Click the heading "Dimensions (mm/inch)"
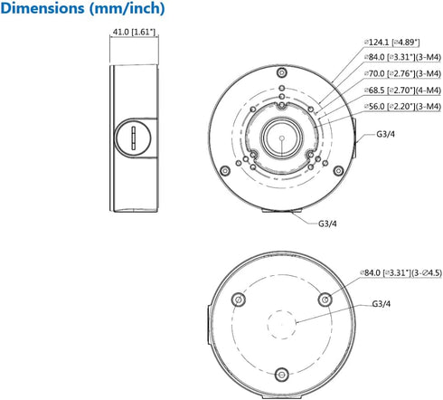pos(82,8)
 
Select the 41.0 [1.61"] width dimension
pos(134,32)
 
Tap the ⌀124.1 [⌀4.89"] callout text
pos(391,43)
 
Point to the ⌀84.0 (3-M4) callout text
pos(402,57)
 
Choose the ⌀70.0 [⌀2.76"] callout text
pos(402,73)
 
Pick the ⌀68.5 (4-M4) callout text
pos(402,90)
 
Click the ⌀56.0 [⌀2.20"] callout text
pos(402,107)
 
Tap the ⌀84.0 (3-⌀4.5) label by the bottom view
pos(401,273)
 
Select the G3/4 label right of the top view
pos(385,134)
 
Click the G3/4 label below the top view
pos(327,224)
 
